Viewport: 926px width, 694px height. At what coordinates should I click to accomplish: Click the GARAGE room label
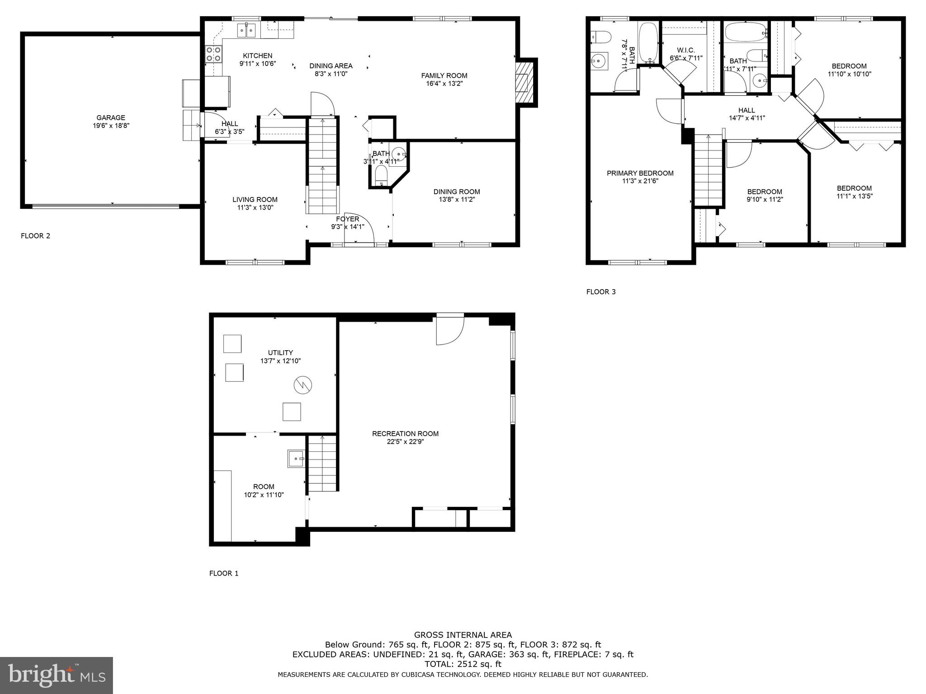coord(110,118)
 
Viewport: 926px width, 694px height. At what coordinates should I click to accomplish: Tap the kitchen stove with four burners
coord(213,54)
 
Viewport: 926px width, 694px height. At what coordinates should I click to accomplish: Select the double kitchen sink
coord(247,31)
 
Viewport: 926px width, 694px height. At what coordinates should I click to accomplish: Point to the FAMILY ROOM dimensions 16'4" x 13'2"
coord(444,84)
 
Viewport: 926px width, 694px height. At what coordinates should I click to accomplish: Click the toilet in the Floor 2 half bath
coord(382,175)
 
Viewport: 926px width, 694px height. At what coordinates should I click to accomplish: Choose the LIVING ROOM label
coord(255,200)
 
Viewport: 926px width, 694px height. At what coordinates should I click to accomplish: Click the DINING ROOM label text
coord(457,192)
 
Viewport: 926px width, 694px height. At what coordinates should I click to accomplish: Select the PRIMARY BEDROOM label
coord(640,173)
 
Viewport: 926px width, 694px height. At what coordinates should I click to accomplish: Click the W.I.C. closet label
coord(686,50)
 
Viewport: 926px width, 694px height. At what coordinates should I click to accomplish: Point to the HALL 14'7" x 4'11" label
coord(746,114)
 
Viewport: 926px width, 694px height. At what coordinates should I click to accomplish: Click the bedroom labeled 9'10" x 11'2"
coord(765,195)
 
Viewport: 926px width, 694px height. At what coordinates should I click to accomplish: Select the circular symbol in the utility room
coord(303,385)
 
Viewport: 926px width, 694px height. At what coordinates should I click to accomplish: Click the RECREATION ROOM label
coord(405,434)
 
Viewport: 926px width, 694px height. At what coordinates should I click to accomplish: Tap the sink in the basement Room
coord(296,459)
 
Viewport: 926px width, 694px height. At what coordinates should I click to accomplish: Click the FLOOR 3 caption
coord(601,292)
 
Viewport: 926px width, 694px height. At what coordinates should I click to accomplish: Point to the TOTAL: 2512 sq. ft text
coord(463,664)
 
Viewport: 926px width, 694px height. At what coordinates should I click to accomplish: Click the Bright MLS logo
coord(57,675)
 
